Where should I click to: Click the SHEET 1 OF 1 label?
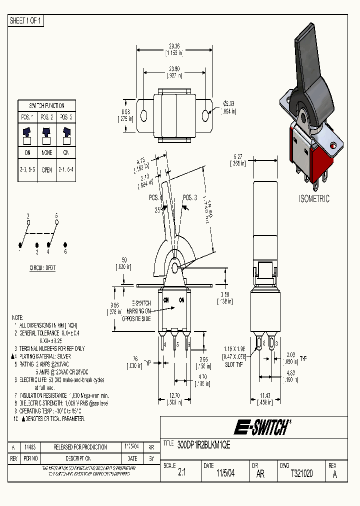(26, 21)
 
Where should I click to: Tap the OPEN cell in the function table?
(46, 169)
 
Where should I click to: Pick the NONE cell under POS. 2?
(46, 152)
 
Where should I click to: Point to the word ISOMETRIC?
(314, 198)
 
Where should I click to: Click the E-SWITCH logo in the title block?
(262, 427)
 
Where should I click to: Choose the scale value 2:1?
(181, 473)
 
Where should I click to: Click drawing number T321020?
(301, 473)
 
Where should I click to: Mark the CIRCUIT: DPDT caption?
(42, 268)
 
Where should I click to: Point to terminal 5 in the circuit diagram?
(56, 215)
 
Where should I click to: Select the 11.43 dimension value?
(264, 395)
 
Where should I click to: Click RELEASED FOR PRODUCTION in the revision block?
(80, 447)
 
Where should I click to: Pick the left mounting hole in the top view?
(144, 115)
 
